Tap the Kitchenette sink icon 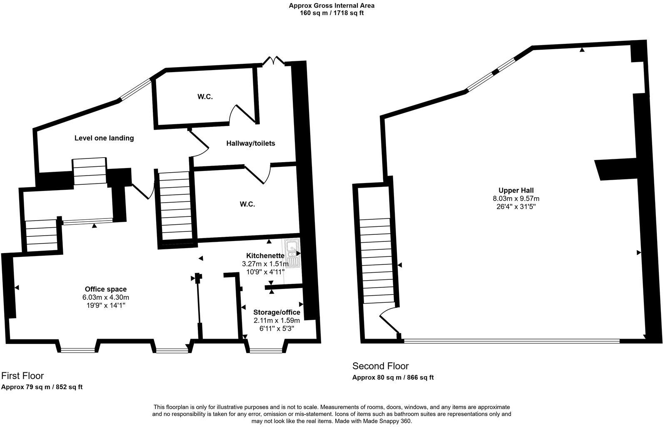292,253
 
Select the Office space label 106,289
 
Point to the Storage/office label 277,312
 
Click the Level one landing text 104,138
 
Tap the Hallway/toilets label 251,143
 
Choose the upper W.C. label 205,97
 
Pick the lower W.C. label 247,204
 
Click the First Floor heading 22,376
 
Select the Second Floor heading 381,366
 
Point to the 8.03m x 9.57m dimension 516,199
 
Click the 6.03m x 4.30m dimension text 106,297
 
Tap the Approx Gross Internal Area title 331,6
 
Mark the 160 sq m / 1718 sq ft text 331,13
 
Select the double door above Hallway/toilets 273,61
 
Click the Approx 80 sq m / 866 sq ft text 393,378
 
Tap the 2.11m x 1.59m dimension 277,321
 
